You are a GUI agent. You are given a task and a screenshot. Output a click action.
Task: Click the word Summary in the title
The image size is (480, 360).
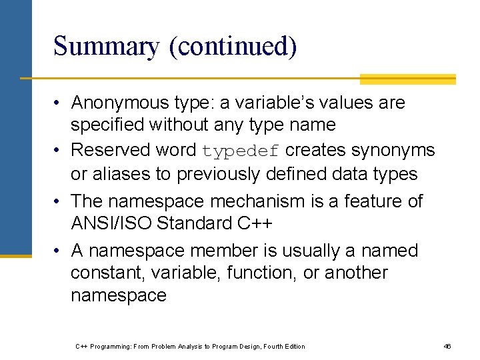click(x=107, y=47)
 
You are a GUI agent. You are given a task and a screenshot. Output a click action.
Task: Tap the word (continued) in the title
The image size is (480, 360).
click(x=233, y=47)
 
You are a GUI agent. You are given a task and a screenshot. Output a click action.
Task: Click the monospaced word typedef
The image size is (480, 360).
click(x=240, y=151)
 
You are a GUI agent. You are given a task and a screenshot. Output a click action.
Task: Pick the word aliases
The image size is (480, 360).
click(x=124, y=174)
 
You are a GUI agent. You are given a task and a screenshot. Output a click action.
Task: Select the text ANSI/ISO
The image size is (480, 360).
click(x=111, y=223)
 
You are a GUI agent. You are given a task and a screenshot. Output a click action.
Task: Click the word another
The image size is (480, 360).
click(x=357, y=273)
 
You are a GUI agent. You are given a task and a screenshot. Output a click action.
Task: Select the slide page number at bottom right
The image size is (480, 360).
click(x=447, y=346)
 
